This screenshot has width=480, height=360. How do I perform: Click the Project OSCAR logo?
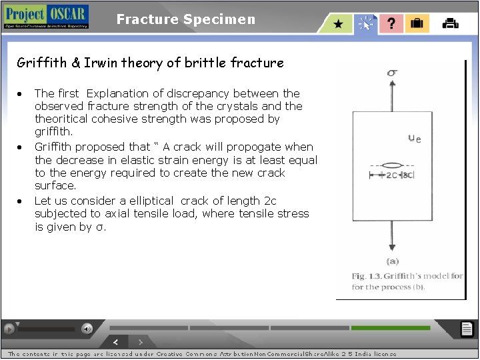(x=45, y=17)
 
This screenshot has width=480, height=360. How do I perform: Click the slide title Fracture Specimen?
(x=185, y=19)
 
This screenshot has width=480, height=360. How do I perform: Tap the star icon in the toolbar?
(x=339, y=24)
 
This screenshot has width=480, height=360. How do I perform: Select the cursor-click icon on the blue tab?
(x=366, y=24)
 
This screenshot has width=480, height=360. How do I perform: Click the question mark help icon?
(x=391, y=23)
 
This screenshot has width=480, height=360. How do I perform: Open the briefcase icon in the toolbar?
(x=417, y=23)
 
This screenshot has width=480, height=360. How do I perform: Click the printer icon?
(x=450, y=23)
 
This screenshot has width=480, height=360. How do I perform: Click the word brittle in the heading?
(x=204, y=63)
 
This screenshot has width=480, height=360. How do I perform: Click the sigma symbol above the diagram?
(x=393, y=73)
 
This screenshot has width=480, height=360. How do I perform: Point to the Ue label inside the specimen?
(x=414, y=139)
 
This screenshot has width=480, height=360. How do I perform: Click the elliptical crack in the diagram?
(x=393, y=165)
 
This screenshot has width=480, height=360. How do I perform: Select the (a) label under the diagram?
(x=393, y=261)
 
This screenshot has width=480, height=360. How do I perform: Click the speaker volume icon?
(x=87, y=329)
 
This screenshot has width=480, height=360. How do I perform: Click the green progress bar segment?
(x=390, y=328)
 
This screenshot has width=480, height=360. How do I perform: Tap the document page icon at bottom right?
(x=467, y=329)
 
